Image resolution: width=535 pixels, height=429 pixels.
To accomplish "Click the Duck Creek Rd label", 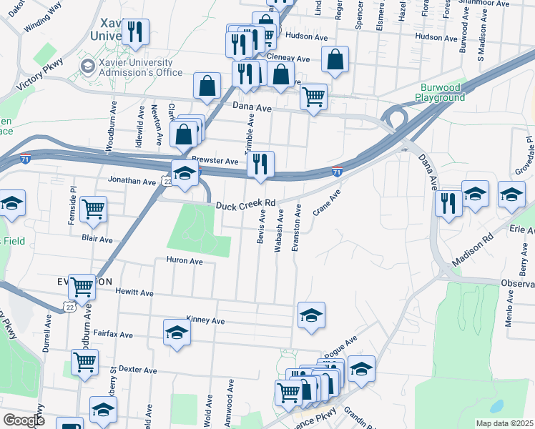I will (x=246, y=205).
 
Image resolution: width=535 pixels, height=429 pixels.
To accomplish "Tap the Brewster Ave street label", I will (x=215, y=162).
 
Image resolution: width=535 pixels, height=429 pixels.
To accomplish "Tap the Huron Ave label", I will (x=185, y=261).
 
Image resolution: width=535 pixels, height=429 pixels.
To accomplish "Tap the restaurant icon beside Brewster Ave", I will (x=261, y=164).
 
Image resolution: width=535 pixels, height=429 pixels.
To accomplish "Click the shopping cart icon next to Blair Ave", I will (x=94, y=209).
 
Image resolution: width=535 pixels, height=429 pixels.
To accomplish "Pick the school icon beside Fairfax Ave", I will (x=177, y=332).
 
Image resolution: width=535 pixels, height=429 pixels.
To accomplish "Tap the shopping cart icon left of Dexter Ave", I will (x=84, y=362).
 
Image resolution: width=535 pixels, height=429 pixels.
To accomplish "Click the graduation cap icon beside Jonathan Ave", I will (x=185, y=173).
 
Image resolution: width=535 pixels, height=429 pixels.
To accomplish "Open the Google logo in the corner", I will (x=24, y=420).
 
